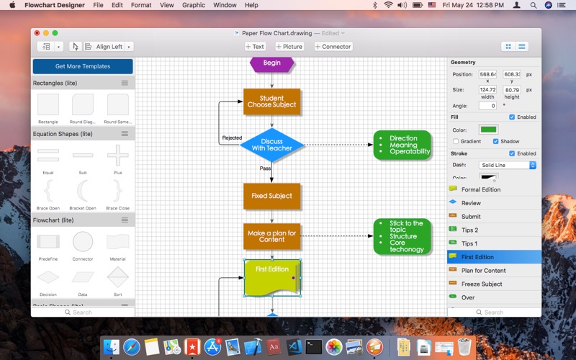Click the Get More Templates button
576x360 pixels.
pyautogui.click(x=83, y=66)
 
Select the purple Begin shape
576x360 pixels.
pyautogui.click(x=271, y=63)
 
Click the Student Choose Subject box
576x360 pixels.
pyautogui.click(x=270, y=102)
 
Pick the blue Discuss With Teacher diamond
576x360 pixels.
pyautogui.click(x=271, y=145)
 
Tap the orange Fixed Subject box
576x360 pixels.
pyautogui.click(x=271, y=196)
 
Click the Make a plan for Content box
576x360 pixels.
pyautogui.click(x=271, y=236)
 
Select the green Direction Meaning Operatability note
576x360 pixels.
pyautogui.click(x=402, y=145)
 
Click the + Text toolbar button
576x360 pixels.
pyautogui.click(x=255, y=47)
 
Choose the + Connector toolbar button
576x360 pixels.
pyautogui.click(x=333, y=47)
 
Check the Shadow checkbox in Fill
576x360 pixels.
pyautogui.click(x=496, y=141)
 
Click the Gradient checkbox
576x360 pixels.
pyautogui.click(x=456, y=141)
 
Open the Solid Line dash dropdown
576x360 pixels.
pyautogui.click(x=508, y=165)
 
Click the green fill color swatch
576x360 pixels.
pyautogui.click(x=488, y=130)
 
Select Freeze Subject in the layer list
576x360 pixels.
pyautogui.click(x=482, y=284)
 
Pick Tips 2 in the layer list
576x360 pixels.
pyautogui.click(x=469, y=230)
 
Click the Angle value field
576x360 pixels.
pyautogui.click(x=487, y=106)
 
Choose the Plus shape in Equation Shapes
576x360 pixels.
pyautogui.click(x=117, y=155)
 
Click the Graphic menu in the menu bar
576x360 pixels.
pyautogui.click(x=194, y=5)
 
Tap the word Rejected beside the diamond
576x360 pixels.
pyautogui.click(x=232, y=138)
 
